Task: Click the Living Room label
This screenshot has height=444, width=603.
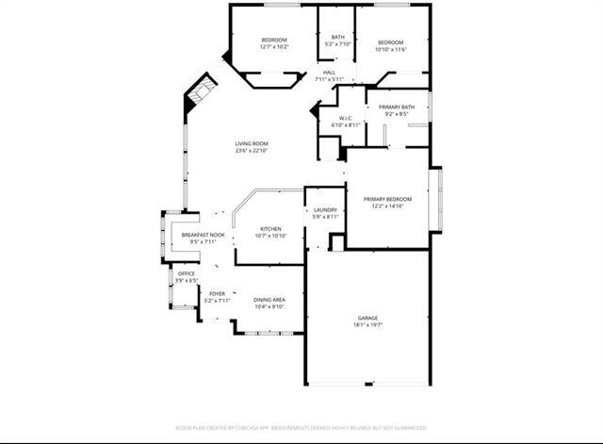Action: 252,143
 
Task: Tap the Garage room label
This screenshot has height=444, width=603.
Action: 367,318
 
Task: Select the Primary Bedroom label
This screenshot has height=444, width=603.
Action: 388,199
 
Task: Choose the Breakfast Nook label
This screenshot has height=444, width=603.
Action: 203,235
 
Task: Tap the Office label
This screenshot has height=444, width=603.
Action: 187,273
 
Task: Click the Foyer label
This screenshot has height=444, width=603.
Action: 217,293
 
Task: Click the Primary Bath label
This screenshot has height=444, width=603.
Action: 397,107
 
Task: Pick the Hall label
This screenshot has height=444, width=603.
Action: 329,73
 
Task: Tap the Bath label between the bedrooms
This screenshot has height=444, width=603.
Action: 337,37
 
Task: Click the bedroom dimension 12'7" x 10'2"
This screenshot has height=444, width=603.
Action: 274,46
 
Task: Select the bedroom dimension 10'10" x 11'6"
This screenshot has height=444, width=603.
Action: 391,49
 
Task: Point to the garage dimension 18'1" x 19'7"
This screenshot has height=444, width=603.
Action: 367,325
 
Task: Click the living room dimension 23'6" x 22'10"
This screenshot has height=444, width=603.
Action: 252,151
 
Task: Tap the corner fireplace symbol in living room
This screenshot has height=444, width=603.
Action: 199,92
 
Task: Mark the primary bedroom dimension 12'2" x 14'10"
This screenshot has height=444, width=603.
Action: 388,206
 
